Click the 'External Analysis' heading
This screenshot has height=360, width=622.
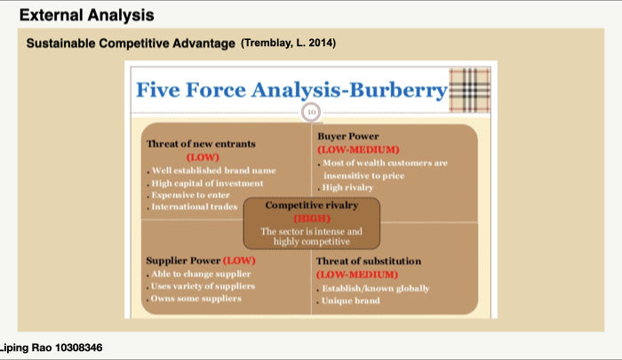(x=86, y=15)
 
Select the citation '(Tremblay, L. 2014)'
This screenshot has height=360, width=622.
(x=289, y=43)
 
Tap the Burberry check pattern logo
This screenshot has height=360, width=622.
(x=470, y=90)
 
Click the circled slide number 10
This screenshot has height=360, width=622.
(x=311, y=112)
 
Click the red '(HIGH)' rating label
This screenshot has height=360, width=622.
(x=312, y=219)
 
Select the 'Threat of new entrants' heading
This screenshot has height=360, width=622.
(x=201, y=144)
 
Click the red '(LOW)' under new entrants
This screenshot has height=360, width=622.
(x=203, y=157)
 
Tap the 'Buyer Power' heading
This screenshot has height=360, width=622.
(x=348, y=136)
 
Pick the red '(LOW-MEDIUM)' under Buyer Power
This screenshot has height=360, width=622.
(x=358, y=149)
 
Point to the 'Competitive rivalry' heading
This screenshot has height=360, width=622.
(x=312, y=205)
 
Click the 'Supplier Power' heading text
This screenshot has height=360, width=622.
(x=183, y=260)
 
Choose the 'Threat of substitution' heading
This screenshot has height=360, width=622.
(x=369, y=261)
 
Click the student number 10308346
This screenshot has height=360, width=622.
(x=78, y=348)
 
